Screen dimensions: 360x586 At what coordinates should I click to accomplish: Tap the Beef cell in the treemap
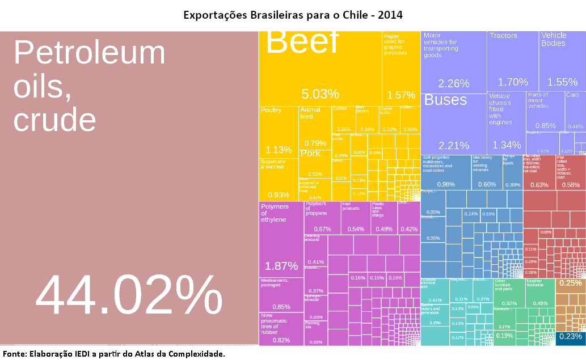click(x=320, y=68)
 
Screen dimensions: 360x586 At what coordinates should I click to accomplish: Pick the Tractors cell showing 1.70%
click(x=513, y=61)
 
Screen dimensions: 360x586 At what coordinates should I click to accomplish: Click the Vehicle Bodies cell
click(x=562, y=61)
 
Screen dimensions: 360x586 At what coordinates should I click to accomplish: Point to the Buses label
click(x=446, y=100)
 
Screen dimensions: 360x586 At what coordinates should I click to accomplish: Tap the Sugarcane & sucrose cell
click(x=279, y=179)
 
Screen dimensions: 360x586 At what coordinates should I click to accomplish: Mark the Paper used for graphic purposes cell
click(x=401, y=68)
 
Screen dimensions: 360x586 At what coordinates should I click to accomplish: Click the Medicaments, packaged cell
click(x=281, y=294)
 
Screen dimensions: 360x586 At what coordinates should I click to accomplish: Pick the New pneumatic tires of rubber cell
click(x=281, y=328)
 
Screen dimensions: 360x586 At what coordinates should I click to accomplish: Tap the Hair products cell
click(x=355, y=218)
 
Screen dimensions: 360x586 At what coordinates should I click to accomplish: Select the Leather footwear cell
click(x=540, y=293)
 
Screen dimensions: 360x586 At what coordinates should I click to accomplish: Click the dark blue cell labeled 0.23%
click(x=570, y=337)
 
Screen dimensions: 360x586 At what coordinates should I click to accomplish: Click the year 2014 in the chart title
click(x=391, y=14)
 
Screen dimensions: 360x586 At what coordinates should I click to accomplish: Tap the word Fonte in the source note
click(x=14, y=354)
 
